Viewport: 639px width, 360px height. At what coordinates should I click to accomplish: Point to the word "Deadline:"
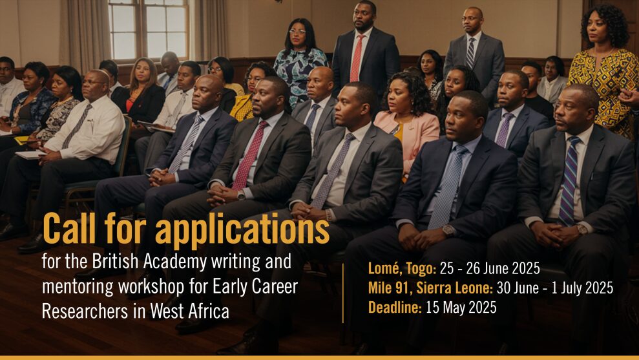click(394, 308)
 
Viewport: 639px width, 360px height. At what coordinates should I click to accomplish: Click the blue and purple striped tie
click(569, 181)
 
